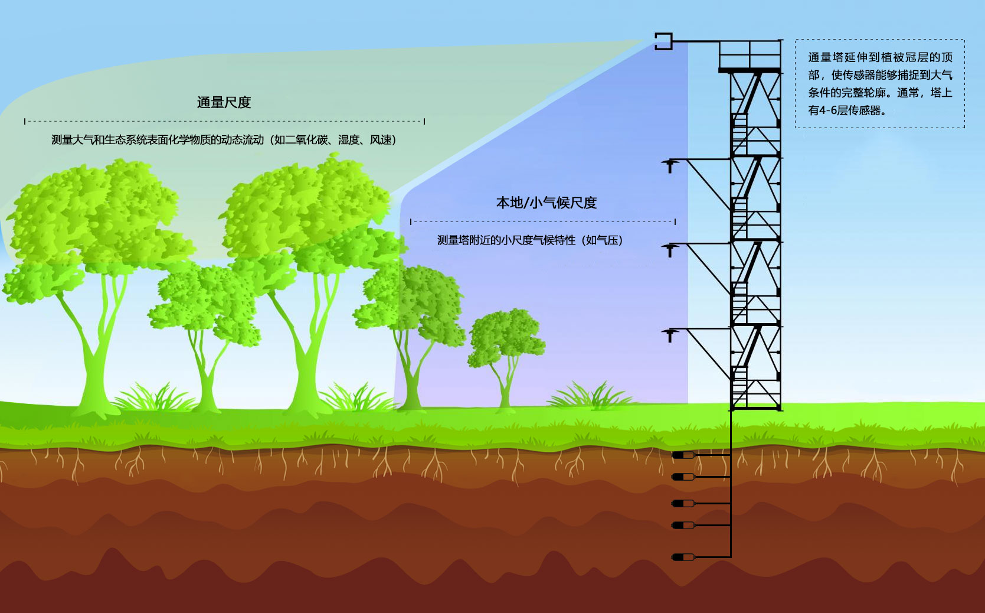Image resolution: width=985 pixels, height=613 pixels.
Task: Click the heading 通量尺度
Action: click(x=224, y=102)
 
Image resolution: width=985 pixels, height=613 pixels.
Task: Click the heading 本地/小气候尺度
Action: click(x=546, y=203)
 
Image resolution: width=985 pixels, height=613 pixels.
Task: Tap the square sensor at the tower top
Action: click(x=663, y=41)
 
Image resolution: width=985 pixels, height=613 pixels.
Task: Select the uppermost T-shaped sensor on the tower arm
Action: click(x=670, y=165)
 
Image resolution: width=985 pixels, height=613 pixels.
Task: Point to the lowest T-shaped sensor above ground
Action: click(x=670, y=335)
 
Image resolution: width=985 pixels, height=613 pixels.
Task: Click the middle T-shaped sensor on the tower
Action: click(x=670, y=250)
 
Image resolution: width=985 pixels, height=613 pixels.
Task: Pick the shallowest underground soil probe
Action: click(x=683, y=455)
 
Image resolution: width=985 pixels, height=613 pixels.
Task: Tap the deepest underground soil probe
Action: click(x=683, y=556)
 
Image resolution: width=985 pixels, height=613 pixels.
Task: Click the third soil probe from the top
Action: click(x=683, y=503)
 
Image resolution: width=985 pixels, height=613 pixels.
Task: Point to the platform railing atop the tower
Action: click(x=750, y=54)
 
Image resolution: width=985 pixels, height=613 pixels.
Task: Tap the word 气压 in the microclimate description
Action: click(x=607, y=240)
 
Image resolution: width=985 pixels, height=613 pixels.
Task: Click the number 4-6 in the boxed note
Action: click(x=828, y=110)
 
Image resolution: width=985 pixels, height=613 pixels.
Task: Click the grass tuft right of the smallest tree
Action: click(x=584, y=394)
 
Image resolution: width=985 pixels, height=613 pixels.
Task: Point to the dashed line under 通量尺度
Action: click(x=224, y=121)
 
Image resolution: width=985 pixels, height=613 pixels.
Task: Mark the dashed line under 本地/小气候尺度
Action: click(x=543, y=222)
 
